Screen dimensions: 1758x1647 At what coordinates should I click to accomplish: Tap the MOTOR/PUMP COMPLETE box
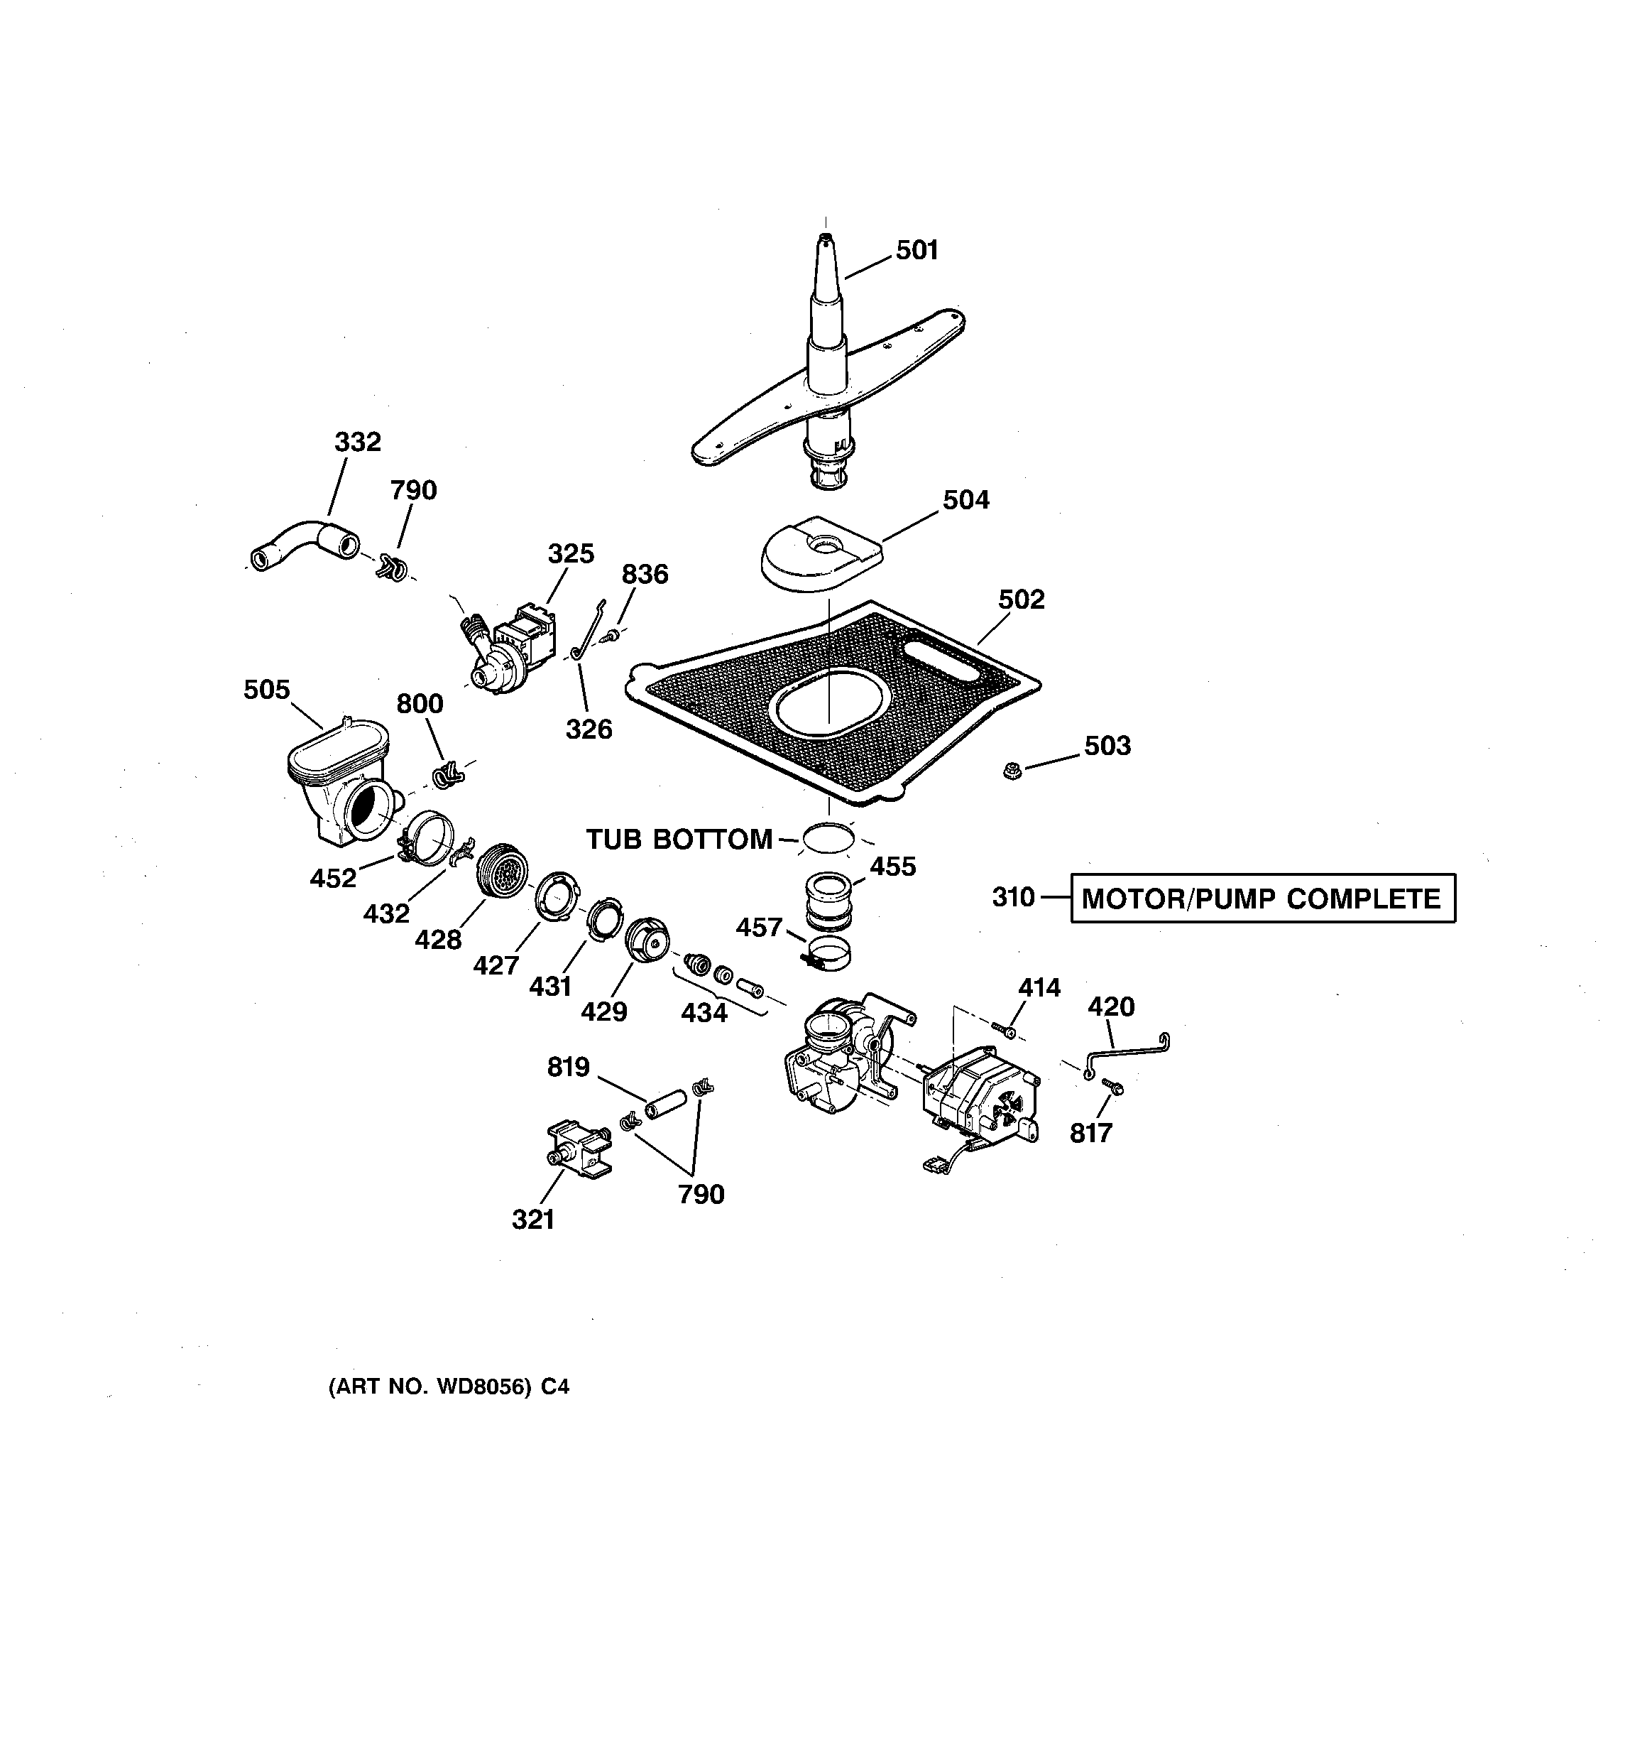click(1262, 899)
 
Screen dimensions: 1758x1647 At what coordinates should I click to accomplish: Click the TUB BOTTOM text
click(679, 839)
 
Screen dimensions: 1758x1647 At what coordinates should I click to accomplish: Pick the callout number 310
click(1012, 898)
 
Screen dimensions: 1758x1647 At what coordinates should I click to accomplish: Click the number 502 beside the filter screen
click(1021, 599)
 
